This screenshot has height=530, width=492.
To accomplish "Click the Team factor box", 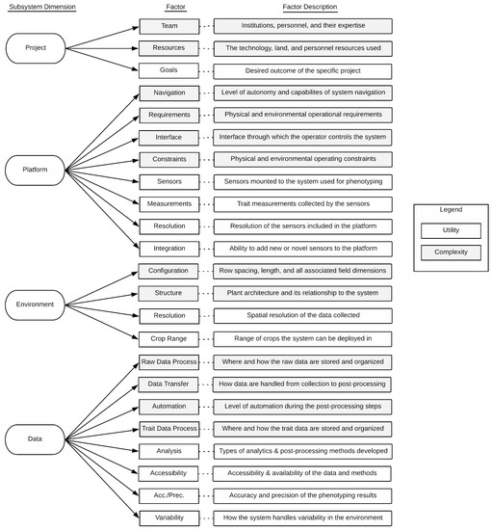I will coord(168,26).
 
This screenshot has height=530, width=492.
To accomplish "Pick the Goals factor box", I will coord(168,70).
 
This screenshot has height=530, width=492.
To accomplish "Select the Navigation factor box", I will coord(168,93).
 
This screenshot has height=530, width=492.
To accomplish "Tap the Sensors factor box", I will coord(168,181).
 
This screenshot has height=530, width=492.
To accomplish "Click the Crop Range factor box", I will coord(168,338).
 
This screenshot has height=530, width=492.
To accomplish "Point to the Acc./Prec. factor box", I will coord(168,495).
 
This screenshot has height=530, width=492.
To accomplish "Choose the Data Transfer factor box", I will coord(168,384).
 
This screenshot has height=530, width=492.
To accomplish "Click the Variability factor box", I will coord(168,517).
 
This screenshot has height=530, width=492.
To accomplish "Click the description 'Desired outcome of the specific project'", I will coord(302,70).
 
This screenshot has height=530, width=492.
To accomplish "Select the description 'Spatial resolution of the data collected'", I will coord(302,316).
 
